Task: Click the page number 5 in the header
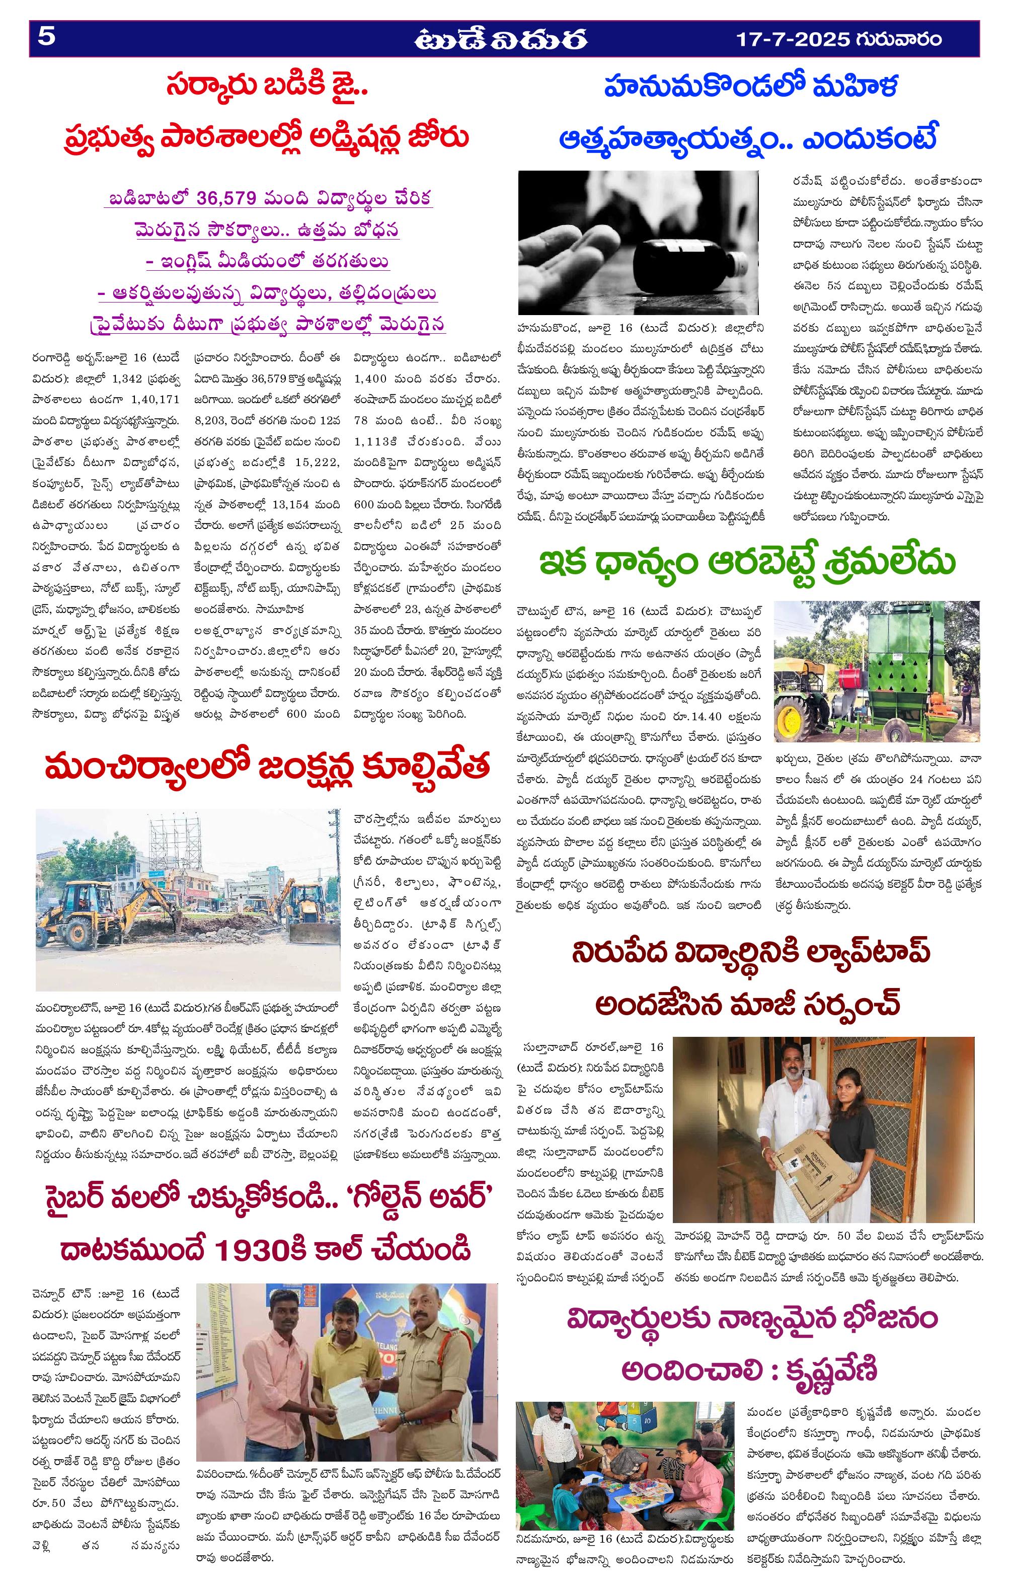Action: tap(46, 38)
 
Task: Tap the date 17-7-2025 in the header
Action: tap(793, 39)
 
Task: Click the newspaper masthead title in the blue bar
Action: tap(501, 40)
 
